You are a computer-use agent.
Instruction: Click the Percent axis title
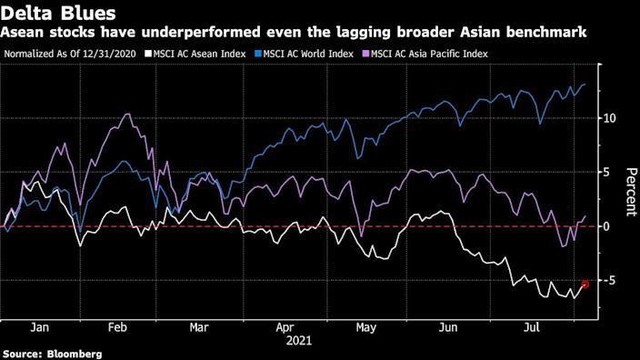tap(627, 190)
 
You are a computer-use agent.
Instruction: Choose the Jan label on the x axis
tap(42, 327)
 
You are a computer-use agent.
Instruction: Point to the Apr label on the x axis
tap(286, 327)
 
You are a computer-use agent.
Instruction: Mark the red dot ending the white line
tap(586, 285)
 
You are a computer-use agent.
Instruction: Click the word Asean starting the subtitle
tap(21, 33)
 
